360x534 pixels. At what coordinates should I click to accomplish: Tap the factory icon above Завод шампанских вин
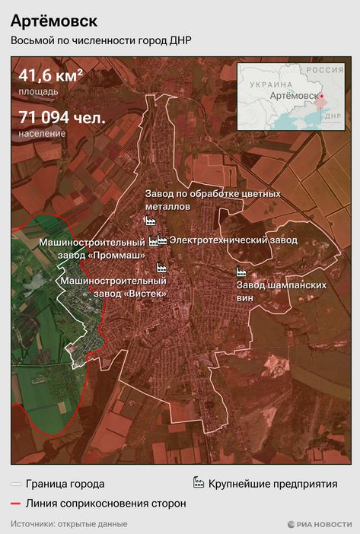pos(241,272)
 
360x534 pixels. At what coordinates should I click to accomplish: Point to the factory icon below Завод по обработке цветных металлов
pos(150,221)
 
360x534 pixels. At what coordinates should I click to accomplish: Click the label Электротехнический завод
pos(233,240)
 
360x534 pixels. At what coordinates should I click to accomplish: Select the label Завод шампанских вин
pos(281,291)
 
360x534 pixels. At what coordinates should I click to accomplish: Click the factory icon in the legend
pos(198,483)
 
